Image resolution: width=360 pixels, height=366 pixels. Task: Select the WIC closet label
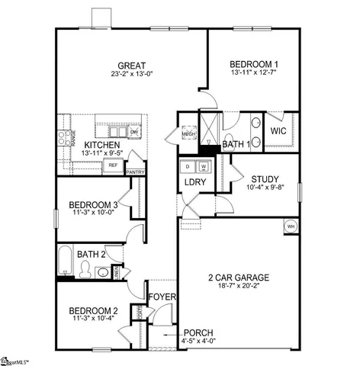coord(278,131)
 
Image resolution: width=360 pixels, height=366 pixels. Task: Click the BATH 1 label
coord(237,143)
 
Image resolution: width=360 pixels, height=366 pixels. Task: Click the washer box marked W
coord(204,165)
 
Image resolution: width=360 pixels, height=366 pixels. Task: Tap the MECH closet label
coord(188,135)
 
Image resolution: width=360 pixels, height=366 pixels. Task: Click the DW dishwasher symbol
coord(134,132)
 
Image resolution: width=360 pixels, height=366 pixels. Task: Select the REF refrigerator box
coord(113,164)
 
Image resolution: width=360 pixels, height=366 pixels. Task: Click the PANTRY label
coord(135,172)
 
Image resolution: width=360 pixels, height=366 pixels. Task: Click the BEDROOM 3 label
coord(93,204)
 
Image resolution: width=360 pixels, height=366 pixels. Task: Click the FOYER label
coord(162,296)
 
